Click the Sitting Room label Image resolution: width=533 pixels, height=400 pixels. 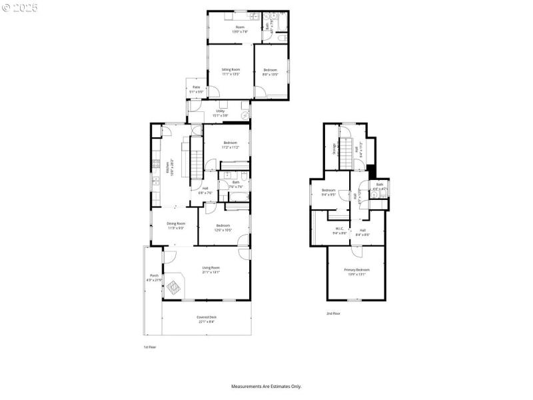pyautogui.click(x=231, y=69)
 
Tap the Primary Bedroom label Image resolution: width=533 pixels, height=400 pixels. pyautogui.click(x=356, y=270)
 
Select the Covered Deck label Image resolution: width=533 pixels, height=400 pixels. pyautogui.click(x=207, y=317)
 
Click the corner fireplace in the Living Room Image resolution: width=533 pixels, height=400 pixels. pyautogui.click(x=174, y=287)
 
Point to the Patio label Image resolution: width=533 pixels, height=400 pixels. pyautogui.click(x=197, y=87)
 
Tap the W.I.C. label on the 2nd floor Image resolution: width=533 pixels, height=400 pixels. pyautogui.click(x=340, y=229)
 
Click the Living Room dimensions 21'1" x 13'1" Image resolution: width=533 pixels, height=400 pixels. pyautogui.click(x=211, y=272)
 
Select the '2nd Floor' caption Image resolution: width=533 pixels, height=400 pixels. pyautogui.click(x=333, y=313)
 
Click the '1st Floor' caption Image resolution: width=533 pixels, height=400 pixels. pyautogui.click(x=150, y=347)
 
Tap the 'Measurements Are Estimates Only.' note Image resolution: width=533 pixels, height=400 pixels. pyautogui.click(x=266, y=386)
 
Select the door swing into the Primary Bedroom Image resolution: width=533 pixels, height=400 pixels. pyautogui.click(x=357, y=250)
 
